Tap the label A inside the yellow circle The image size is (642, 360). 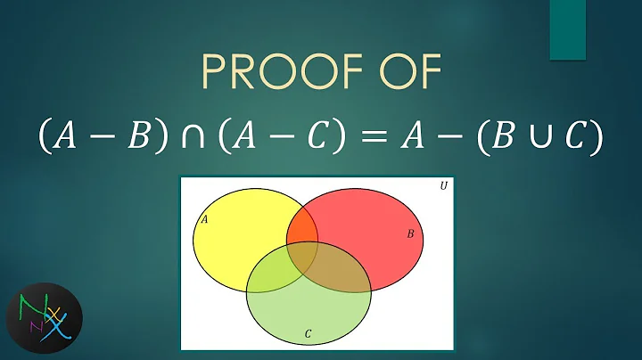tap(205, 217)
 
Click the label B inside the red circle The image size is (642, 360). tap(409, 233)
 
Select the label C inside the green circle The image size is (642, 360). tap(308, 334)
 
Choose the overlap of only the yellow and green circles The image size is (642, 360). tap(272, 273)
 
